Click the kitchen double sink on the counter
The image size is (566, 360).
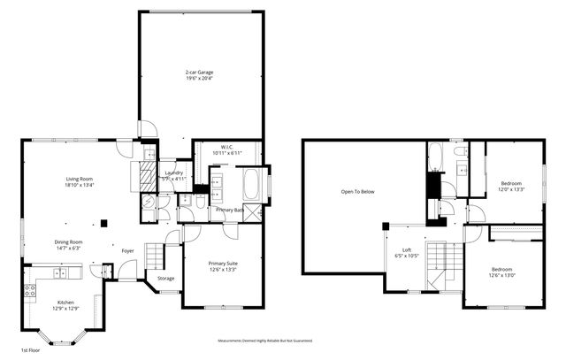click(71, 268)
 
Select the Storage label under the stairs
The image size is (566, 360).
click(166, 279)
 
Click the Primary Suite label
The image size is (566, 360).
click(222, 263)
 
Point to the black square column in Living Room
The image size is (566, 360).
click(104, 223)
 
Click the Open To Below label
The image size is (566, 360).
click(358, 191)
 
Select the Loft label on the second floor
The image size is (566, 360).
click(407, 250)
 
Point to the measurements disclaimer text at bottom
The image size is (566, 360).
click(264, 341)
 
